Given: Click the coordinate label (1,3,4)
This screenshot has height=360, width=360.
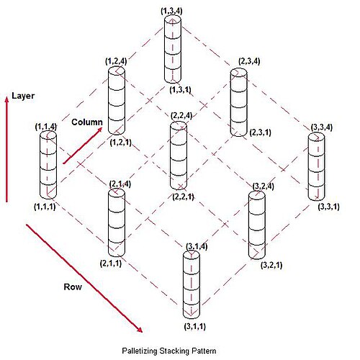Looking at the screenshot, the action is pyautogui.click(x=171, y=11).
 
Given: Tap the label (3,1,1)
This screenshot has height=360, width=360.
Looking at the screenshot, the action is pyautogui.click(x=195, y=326).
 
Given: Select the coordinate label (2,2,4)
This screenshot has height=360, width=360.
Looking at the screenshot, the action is pyautogui.click(x=181, y=116).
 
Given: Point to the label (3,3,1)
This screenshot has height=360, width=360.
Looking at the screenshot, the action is pyautogui.click(x=329, y=207).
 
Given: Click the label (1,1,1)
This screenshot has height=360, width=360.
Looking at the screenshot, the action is pyautogui.click(x=45, y=207).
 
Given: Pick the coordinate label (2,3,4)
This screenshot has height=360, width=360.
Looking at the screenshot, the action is pyautogui.click(x=249, y=61).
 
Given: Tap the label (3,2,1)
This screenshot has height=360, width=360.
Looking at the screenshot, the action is pyautogui.click(x=271, y=265).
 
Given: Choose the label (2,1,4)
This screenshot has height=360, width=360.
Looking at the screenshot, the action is pyautogui.click(x=120, y=184).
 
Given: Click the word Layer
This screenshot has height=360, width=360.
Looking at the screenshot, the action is pyautogui.click(x=23, y=96).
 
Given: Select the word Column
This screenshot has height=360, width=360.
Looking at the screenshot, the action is pyautogui.click(x=87, y=122).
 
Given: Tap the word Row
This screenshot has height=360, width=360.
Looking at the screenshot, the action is pyautogui.click(x=73, y=287).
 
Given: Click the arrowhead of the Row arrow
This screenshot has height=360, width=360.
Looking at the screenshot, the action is pyautogui.click(x=140, y=330).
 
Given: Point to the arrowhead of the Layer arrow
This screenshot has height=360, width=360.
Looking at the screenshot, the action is pyautogui.click(x=7, y=99).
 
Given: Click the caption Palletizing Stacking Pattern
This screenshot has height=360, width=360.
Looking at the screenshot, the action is pyautogui.click(x=169, y=351).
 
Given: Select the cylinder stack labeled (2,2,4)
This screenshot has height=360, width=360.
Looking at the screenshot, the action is pyautogui.click(x=179, y=156).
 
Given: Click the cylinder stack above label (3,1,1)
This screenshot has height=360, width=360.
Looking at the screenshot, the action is pyautogui.click(x=192, y=285).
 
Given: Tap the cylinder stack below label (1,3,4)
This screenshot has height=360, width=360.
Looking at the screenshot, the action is pyautogui.click(x=173, y=49).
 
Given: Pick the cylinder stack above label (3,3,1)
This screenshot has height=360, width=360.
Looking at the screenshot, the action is pyautogui.click(x=317, y=166).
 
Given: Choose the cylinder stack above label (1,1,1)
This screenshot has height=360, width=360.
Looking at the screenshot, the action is pyautogui.click(x=48, y=165).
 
